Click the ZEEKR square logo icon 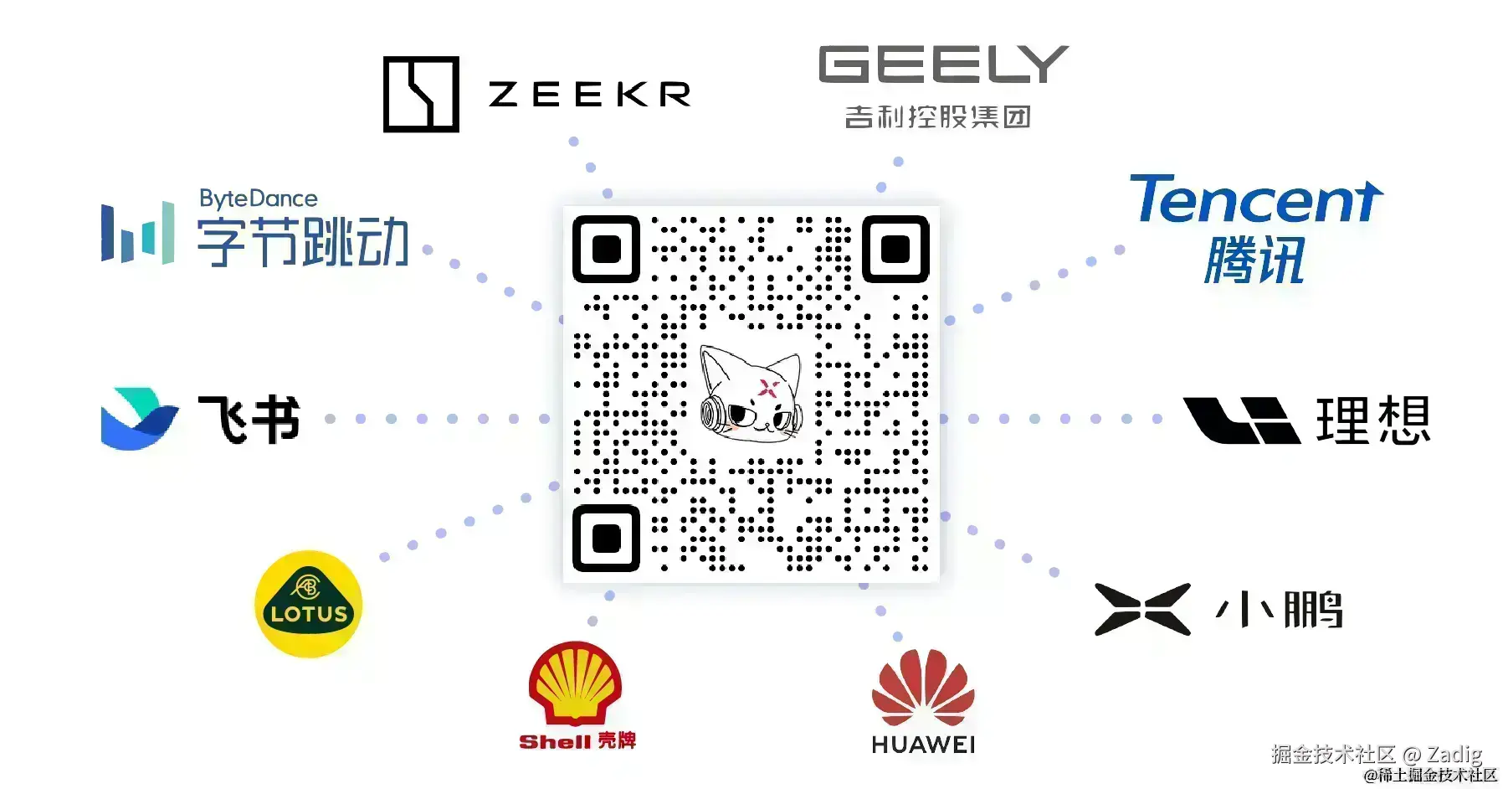421,94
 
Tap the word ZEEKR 589,95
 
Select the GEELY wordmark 943,64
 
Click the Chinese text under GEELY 937,116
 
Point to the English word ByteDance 258,199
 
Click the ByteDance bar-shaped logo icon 138,233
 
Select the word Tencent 1254,200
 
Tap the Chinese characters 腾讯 1254,260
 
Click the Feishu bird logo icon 138,418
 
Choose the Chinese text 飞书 249,419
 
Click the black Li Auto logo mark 1241,420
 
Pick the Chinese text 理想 1372,420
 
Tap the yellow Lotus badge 309,604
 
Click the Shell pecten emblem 575,683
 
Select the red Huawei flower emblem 923,688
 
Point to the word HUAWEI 923,745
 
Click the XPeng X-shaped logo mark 1142,609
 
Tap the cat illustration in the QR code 751,394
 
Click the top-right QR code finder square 895,249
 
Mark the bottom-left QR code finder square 607,539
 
